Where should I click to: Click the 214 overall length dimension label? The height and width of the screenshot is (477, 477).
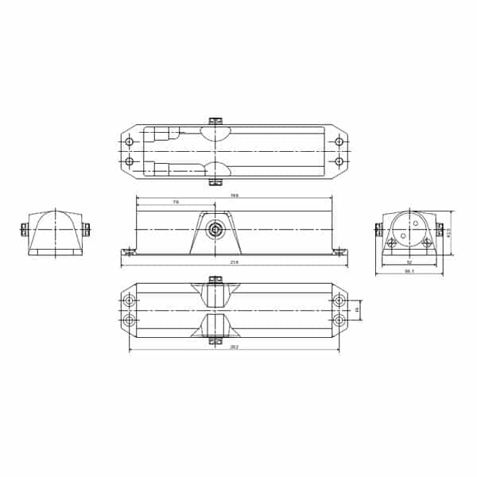234,262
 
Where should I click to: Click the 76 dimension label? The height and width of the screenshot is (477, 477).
175,203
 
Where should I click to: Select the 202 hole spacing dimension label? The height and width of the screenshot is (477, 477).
234,347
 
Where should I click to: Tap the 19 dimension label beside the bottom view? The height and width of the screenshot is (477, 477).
357,310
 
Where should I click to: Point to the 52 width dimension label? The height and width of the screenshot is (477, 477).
409,262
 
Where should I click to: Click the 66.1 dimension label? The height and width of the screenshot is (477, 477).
409,272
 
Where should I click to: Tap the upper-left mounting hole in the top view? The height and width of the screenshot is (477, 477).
130,142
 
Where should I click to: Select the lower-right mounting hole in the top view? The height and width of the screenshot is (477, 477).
339,161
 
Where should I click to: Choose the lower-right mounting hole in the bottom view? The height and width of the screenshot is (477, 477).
339,320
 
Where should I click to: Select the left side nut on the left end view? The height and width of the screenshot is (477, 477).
24,230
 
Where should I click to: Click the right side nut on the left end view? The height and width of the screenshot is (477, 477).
86,230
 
